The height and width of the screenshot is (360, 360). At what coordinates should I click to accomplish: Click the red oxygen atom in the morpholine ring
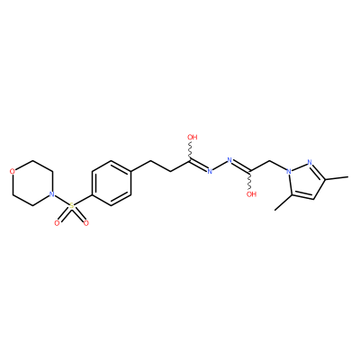12,172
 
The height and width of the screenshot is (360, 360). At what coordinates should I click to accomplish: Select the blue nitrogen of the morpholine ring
51,194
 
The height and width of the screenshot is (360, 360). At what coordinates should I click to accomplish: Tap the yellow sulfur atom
71,206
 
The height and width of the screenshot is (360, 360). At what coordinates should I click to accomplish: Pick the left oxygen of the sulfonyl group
57,223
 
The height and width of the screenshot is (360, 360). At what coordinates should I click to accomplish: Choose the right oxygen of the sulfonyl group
86,223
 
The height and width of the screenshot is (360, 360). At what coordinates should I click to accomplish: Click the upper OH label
193,138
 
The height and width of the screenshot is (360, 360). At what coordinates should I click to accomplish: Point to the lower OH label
251,194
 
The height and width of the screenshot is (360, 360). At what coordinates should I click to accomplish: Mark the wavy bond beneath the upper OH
190,151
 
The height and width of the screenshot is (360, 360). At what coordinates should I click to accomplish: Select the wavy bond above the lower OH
249,181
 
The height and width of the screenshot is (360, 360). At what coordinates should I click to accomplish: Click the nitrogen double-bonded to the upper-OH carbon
210,172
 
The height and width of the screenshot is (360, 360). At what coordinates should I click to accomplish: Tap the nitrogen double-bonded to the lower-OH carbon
229,160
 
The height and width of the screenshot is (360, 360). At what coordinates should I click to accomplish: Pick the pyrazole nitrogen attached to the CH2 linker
289,172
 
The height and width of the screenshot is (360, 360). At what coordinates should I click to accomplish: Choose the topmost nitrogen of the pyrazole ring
310,162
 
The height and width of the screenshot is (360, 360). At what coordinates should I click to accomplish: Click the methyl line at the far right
337,178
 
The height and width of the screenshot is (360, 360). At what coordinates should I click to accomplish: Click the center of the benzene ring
112,183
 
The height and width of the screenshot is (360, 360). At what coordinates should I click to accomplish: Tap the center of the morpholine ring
31,183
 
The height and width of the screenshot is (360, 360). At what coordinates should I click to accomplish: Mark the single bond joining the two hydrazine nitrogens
220,166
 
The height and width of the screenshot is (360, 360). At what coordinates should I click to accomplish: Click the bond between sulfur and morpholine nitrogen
61,200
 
